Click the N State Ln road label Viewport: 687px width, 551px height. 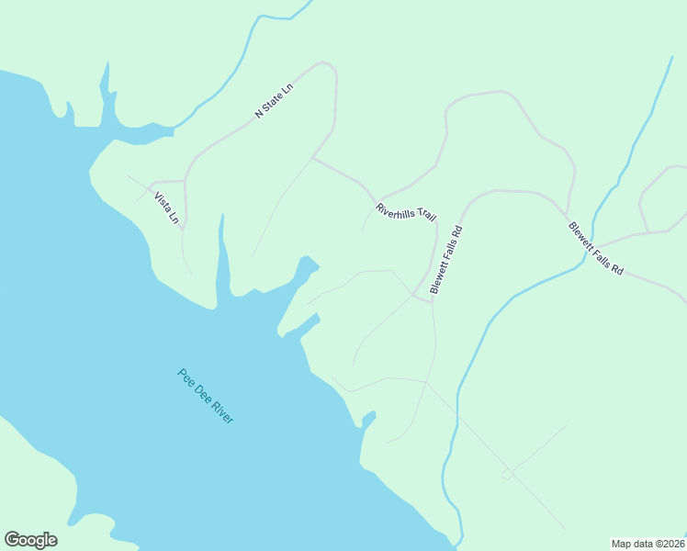(274, 101)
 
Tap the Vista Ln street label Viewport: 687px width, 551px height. (166, 208)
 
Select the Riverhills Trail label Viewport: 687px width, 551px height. (405, 212)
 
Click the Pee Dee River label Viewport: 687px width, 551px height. (206, 396)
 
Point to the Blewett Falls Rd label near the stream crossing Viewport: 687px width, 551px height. (595, 249)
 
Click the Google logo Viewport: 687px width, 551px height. (31, 540)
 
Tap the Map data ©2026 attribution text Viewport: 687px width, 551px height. (648, 543)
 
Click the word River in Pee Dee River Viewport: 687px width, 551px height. (223, 411)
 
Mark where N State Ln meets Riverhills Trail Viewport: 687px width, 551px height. (313, 158)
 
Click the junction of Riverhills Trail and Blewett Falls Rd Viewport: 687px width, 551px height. (432, 300)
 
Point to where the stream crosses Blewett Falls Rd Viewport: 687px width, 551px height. (584, 262)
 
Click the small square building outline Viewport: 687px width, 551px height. (506, 475)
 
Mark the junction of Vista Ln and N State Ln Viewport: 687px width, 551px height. (185, 181)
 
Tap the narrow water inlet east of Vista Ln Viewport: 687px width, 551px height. (221, 262)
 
